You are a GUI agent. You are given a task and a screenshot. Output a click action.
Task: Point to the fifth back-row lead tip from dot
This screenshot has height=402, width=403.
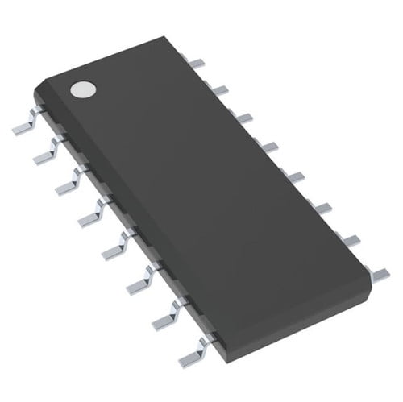[x=295, y=176]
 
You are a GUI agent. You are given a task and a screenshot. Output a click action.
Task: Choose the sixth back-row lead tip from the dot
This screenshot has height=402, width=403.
[x=322, y=208]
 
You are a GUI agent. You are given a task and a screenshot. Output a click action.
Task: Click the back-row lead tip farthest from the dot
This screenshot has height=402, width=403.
[x=376, y=272]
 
